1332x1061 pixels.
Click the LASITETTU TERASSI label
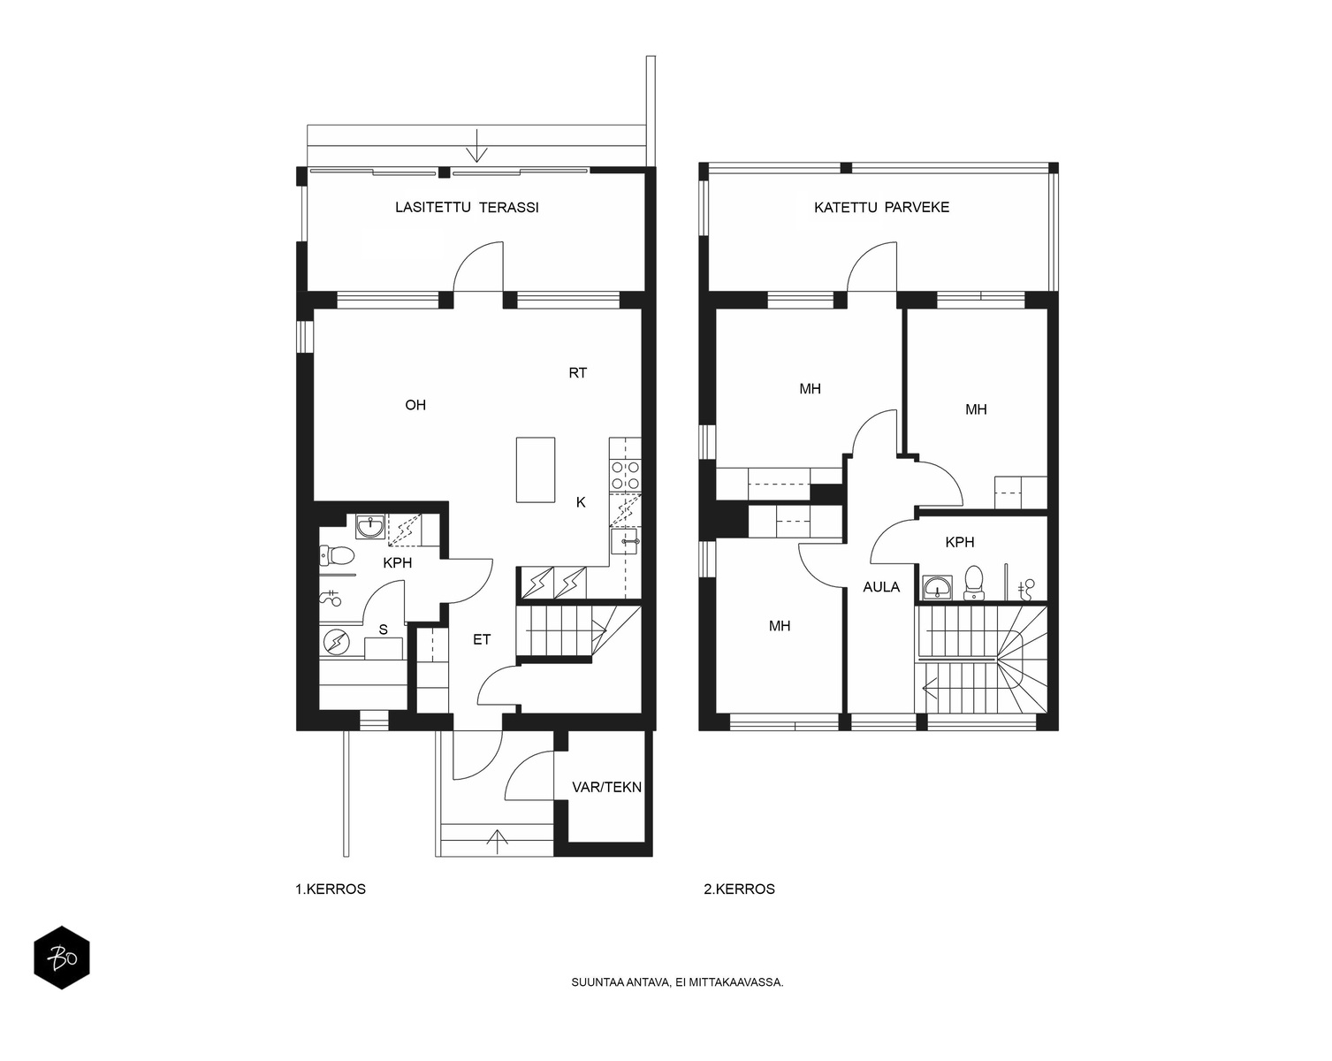coord(467,208)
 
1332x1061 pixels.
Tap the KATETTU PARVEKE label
coord(881,208)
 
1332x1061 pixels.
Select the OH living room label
coord(415,405)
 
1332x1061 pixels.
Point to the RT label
coord(577,373)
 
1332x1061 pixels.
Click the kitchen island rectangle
coord(536,470)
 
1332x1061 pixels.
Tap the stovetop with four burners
coord(625,476)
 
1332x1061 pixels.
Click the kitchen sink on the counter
coord(625,541)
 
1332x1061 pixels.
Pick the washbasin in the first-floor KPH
coord(370,526)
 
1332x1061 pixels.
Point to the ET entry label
coord(482,640)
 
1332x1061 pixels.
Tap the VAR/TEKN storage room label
coord(606,787)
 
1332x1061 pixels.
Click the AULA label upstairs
coord(881,587)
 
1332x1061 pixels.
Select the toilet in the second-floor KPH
coord(974,582)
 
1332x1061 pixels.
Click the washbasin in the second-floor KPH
coord(938,587)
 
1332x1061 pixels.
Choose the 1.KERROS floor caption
coord(331,889)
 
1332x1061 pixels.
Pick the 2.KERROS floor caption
coord(739,889)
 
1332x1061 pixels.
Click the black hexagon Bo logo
coord(62,958)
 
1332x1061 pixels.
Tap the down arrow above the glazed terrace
coord(476,146)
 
